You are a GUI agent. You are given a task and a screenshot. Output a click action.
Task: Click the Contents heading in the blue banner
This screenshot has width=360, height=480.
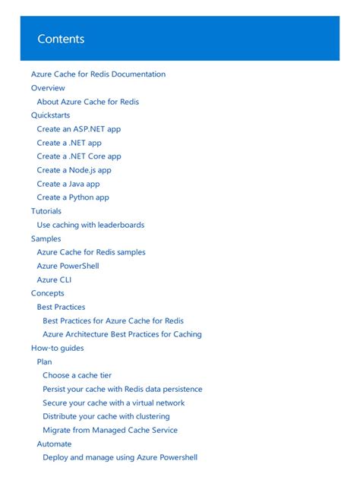click(61, 39)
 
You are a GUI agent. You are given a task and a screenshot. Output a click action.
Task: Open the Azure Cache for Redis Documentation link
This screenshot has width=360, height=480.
click(98, 74)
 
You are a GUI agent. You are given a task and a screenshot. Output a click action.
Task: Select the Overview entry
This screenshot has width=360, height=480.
click(48, 88)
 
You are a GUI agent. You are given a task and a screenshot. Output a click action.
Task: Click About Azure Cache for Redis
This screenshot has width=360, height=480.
click(87, 102)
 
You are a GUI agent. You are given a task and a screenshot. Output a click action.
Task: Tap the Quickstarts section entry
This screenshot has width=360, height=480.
click(50, 115)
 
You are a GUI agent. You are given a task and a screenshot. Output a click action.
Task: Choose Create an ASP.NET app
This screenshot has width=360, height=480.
click(78, 129)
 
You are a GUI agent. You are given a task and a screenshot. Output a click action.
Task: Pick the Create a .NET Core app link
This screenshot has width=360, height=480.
click(78, 156)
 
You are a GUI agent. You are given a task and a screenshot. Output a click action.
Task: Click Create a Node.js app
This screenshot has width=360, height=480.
click(74, 170)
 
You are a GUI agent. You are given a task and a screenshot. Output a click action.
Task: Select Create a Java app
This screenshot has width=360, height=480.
click(68, 184)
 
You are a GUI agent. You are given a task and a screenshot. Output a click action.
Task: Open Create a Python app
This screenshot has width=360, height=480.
click(73, 197)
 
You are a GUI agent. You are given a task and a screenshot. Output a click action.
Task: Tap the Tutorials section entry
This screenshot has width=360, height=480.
click(46, 211)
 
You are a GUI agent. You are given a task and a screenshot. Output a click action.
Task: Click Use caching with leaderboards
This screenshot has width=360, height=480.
click(90, 225)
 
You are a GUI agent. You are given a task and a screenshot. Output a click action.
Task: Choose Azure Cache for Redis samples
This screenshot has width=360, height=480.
click(91, 252)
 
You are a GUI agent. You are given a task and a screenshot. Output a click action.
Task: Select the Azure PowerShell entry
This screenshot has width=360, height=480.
click(68, 266)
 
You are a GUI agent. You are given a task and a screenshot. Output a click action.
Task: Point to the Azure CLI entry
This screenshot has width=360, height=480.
click(54, 279)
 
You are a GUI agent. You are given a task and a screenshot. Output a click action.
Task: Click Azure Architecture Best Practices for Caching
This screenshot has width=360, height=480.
click(122, 334)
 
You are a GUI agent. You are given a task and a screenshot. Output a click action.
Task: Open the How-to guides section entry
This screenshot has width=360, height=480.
click(57, 348)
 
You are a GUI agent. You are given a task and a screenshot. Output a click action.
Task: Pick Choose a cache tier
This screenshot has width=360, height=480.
click(77, 375)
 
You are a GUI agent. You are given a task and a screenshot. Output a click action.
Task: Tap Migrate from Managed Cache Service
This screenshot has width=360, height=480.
click(110, 430)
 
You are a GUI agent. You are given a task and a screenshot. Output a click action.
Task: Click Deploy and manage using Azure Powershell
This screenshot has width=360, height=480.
click(120, 457)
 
